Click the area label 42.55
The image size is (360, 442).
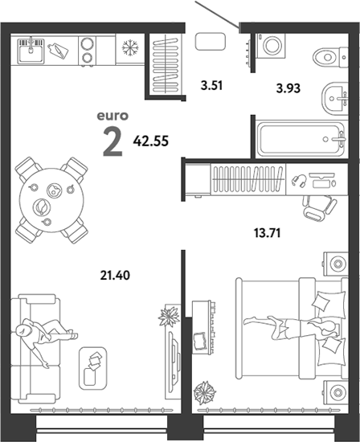pos(151,141)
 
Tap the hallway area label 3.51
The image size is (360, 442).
pos(211,85)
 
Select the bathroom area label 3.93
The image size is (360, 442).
pos(288,88)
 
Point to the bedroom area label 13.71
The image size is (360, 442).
pos(268,233)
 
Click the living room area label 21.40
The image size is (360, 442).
pos(115,275)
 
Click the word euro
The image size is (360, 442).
pos(112,116)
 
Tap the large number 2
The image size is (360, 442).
pos(112,141)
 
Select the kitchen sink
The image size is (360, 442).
pos(31,51)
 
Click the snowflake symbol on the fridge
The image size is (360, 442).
pos(130,47)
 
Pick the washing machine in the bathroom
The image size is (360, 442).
pos(271,46)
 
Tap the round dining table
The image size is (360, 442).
pos(51,200)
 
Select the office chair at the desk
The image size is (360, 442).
pos(319,208)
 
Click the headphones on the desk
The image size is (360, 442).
pos(299,180)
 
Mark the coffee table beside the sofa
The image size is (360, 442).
pos(93,368)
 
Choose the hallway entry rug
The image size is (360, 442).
pos(211,42)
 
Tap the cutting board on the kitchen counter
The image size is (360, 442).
pos(59,51)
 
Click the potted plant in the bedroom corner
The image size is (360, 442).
pos(205,392)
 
